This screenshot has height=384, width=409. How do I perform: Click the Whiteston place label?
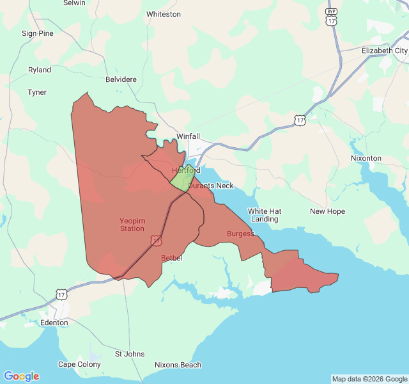click(x=164, y=14)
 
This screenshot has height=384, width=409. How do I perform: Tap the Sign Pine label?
click(x=38, y=33)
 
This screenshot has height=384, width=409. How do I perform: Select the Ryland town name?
click(x=40, y=70)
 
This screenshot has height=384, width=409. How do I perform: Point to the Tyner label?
click(x=37, y=92)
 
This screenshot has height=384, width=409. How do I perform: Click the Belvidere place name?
click(x=121, y=80)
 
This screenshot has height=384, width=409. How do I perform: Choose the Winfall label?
click(x=188, y=136)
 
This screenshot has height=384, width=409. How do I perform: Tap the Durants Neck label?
click(x=211, y=186)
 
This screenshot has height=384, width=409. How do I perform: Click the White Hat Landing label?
click(x=265, y=215)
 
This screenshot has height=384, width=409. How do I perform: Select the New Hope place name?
click(x=327, y=212)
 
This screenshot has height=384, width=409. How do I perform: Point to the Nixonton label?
click(x=366, y=158)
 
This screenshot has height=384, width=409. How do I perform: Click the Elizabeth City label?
click(x=384, y=51)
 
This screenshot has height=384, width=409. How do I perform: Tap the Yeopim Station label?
click(x=132, y=225)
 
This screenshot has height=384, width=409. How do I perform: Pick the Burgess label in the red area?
click(x=240, y=234)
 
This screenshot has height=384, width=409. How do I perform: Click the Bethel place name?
click(x=172, y=258)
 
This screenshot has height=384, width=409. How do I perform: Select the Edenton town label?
click(x=54, y=323)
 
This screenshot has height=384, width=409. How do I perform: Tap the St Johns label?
click(x=130, y=354)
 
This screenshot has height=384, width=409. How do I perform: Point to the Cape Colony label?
click(x=79, y=365)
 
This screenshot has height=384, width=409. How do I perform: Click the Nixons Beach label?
click(x=178, y=365)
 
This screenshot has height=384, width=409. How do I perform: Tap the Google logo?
click(x=21, y=376)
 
